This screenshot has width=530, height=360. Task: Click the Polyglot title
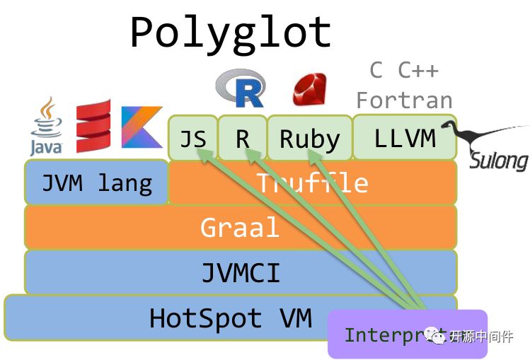[x=231, y=33]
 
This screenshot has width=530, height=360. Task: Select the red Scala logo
[x=93, y=127]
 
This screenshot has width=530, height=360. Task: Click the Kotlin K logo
[x=142, y=127]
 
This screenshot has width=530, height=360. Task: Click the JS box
[x=192, y=138]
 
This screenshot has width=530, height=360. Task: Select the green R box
[x=242, y=138]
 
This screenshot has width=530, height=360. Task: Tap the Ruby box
[x=309, y=139]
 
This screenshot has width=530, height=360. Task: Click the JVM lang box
[x=97, y=182]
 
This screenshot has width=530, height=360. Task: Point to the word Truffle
[x=312, y=183]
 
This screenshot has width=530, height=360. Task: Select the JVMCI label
[x=240, y=272]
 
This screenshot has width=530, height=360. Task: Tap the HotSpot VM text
[x=230, y=318]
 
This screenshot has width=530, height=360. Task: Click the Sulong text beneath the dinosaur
[x=499, y=160]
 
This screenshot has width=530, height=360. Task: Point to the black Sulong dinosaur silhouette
[x=481, y=134]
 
